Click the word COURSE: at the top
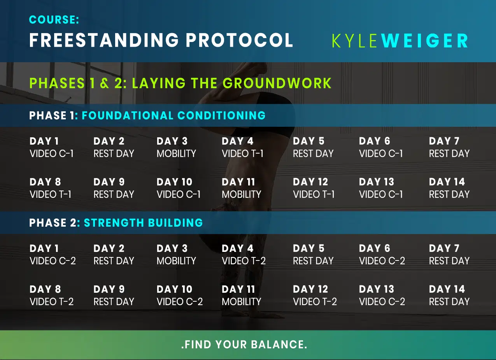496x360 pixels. [54, 20]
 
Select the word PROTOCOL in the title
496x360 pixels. [240, 40]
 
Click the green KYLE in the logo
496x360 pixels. [355, 41]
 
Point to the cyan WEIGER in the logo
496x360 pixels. [424, 41]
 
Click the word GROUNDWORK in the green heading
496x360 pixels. [277, 83]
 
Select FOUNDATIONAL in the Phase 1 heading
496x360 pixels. [128, 115]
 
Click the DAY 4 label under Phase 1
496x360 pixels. [238, 141]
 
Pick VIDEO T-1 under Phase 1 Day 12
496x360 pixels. [314, 194]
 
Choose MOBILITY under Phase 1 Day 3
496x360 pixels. [176, 154]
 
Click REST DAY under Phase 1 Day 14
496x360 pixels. [449, 194]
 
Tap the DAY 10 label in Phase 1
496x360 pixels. [175, 182]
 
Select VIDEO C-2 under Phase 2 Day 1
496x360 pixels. [53, 261]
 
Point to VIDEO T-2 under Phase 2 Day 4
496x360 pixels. [244, 261]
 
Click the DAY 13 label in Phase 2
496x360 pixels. [377, 289]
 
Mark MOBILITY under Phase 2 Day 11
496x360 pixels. [242, 302]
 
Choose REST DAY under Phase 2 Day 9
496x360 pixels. [114, 302]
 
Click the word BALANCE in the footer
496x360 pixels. [279, 344]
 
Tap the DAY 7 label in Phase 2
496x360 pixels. [444, 248]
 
